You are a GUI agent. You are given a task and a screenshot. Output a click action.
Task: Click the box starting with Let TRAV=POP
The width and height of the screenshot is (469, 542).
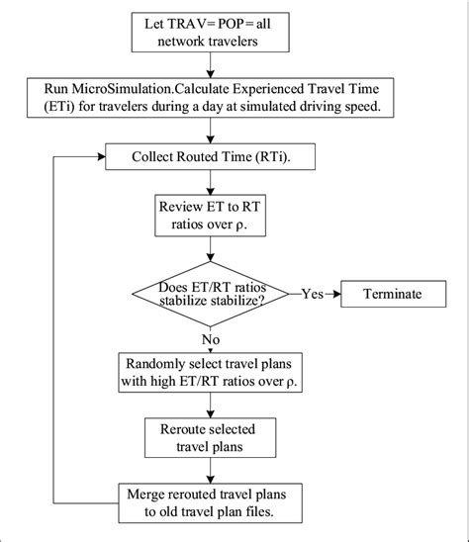click(212, 36)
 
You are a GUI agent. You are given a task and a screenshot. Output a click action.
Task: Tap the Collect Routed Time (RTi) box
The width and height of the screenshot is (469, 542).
click(212, 156)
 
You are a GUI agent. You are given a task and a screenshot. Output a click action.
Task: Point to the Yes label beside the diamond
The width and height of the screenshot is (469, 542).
click(312, 294)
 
